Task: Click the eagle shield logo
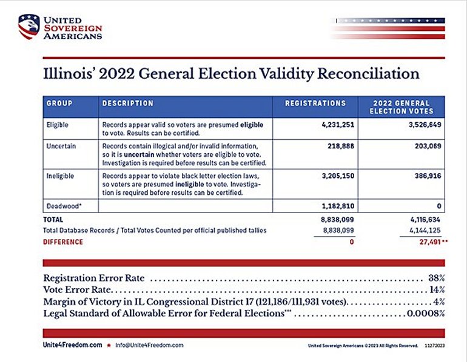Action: coord(29,27)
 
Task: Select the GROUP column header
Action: coord(59,103)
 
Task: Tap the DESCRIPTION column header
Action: coord(128,103)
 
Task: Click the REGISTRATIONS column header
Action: coord(315,103)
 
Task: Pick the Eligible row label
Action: coord(58,125)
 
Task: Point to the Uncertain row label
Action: coord(61,146)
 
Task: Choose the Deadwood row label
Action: coord(64,206)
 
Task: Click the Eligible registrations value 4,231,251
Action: coord(338,125)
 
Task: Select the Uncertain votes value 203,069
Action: coord(428,146)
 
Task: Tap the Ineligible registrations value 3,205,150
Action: coord(338,176)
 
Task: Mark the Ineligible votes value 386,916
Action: coord(428,176)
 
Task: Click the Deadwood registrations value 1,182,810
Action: coord(338,206)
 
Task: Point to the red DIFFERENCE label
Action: coord(63,242)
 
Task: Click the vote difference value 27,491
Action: coord(430,242)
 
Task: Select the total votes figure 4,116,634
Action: coord(425,220)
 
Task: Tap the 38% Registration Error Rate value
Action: coord(437,278)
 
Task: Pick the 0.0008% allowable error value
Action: coord(426,314)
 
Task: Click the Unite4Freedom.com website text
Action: coord(72,345)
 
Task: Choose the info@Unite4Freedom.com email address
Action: coord(149,346)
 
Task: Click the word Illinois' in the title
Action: coord(69,74)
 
